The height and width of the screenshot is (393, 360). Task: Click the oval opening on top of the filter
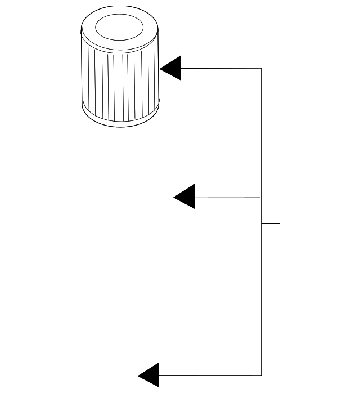[119, 26]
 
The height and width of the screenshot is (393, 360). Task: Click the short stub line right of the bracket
[271, 224]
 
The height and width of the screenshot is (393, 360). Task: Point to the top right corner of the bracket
[262, 68]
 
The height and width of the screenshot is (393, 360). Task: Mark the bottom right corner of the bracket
[262, 375]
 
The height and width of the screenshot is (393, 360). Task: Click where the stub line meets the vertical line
[262, 224]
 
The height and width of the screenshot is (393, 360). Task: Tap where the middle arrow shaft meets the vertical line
[261, 196]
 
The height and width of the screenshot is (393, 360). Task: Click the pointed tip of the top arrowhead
[160, 68]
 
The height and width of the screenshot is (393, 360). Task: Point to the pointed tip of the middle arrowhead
[174, 196]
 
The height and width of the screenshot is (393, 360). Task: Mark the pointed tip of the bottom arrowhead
[138, 375]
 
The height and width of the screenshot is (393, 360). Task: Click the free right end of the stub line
[279, 224]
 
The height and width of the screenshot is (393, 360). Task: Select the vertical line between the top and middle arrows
[262, 132]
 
